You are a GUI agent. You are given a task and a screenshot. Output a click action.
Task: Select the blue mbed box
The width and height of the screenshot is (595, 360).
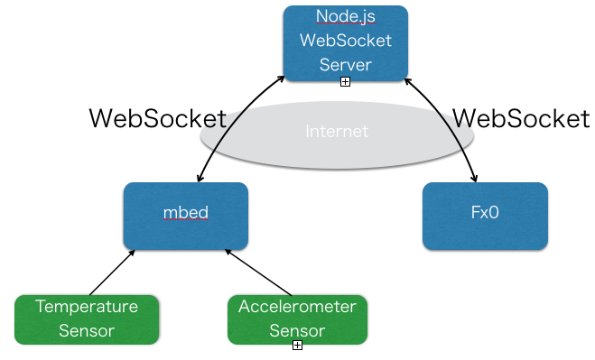185,216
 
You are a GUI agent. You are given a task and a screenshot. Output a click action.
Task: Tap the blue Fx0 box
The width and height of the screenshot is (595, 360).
485,216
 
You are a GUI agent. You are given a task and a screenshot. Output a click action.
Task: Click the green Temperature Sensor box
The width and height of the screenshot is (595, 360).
87,318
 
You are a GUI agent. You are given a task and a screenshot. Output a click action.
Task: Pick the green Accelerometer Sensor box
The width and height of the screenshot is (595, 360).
297,318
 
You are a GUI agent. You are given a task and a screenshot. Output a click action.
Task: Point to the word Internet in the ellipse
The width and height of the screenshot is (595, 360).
337,132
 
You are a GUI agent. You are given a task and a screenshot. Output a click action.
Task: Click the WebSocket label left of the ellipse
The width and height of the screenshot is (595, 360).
156,118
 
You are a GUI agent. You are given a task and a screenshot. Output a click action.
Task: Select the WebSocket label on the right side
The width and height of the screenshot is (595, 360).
520,118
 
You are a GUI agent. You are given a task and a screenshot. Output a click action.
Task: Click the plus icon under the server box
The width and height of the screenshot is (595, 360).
345,82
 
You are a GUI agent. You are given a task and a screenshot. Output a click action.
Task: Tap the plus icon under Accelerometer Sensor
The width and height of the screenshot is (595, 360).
297,346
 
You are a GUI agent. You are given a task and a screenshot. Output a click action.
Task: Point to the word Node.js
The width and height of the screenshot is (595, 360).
345,16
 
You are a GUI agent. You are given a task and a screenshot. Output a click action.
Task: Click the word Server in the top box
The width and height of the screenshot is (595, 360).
345,65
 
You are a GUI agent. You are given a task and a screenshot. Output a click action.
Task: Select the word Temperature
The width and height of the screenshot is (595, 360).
87,307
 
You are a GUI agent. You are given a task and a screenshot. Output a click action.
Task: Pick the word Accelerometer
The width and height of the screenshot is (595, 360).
297,307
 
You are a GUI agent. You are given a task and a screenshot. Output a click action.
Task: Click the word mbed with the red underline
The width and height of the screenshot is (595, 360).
185,214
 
